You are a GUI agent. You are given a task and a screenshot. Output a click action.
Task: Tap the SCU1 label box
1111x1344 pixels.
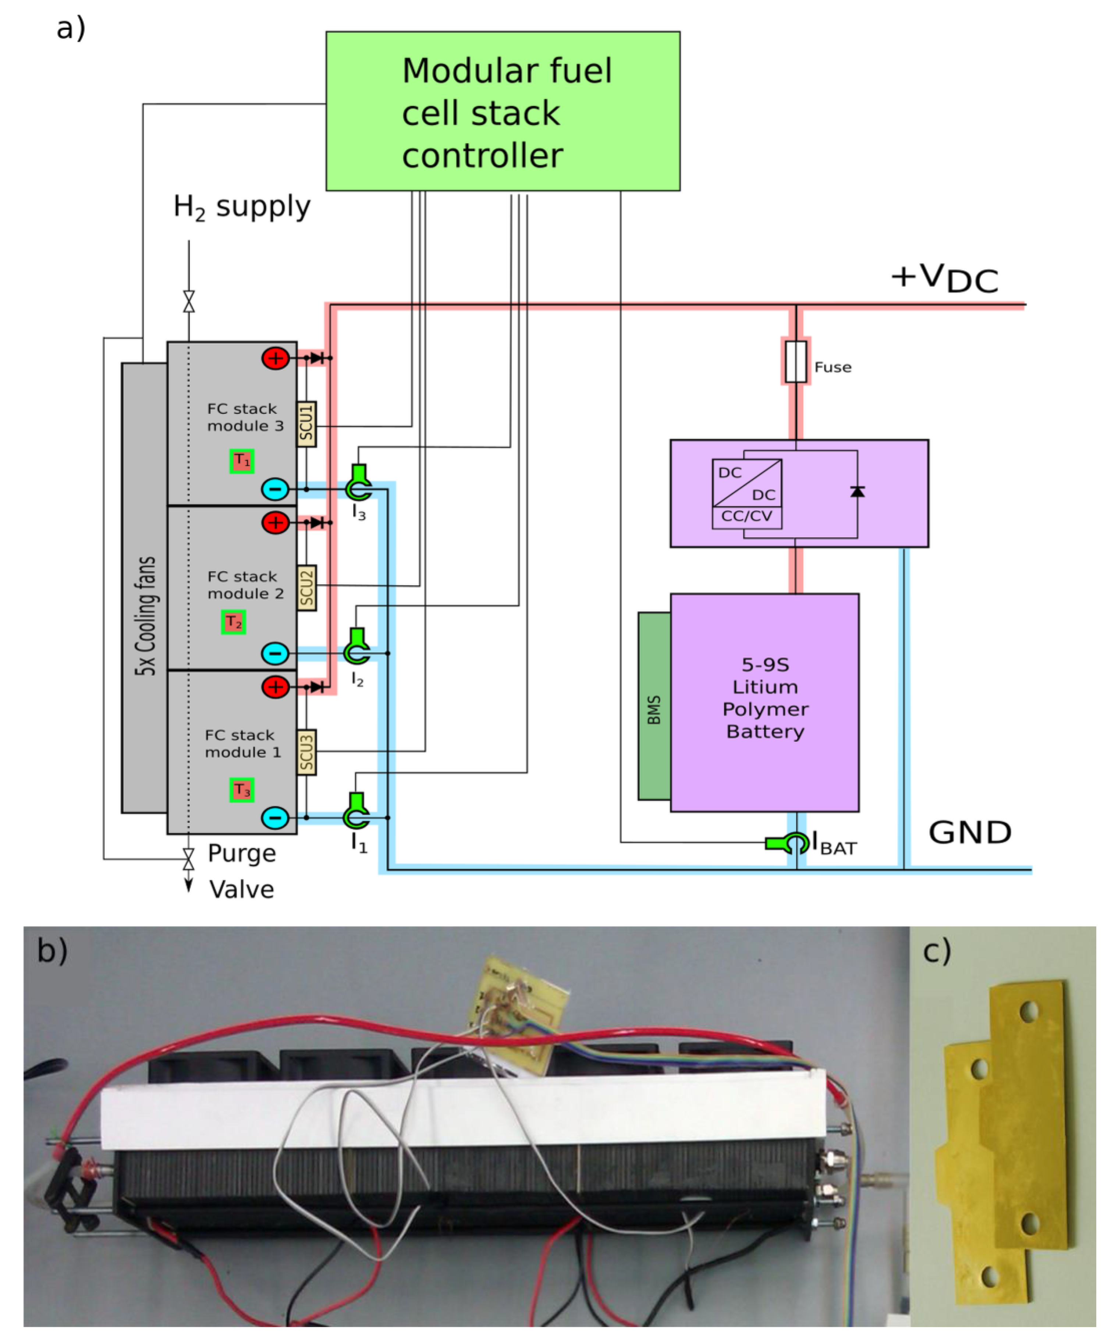pos(306,424)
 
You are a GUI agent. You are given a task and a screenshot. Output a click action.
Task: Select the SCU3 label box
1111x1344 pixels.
pos(306,752)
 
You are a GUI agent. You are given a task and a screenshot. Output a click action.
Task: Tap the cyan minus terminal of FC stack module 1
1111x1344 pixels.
pos(275,817)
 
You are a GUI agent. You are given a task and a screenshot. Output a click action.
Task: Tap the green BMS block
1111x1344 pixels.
pos(654,706)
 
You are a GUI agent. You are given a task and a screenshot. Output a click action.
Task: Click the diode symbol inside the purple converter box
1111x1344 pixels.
pos(857,492)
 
